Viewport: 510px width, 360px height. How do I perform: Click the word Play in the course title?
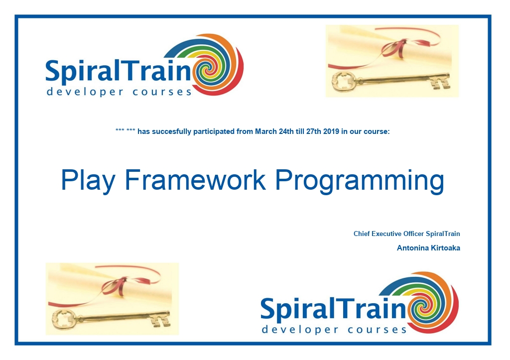[88, 180]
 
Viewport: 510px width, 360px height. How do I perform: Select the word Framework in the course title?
[195, 179]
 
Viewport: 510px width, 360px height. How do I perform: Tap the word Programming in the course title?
[360, 181]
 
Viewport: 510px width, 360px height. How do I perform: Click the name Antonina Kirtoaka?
[428, 248]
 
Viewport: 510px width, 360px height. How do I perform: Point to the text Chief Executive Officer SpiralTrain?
[406, 234]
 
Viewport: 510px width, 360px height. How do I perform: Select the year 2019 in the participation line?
[331, 131]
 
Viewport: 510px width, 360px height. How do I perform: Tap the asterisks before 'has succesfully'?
[125, 130]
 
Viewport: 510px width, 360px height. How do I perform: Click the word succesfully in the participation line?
[172, 132]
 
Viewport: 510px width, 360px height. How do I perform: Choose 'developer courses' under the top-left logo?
[119, 92]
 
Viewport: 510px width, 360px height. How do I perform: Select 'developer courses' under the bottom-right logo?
[334, 330]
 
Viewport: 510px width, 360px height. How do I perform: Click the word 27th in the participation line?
[314, 131]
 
